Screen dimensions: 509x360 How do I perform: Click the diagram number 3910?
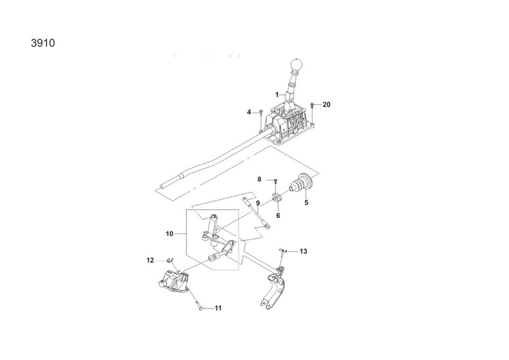43,43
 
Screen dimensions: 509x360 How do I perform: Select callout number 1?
277,95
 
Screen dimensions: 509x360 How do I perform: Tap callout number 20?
326,104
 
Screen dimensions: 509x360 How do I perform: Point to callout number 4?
249,113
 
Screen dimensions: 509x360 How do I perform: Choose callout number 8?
259,179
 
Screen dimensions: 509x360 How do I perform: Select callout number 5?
306,203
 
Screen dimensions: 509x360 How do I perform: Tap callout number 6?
278,216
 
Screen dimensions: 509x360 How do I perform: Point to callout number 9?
258,203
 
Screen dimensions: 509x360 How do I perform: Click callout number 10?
169,233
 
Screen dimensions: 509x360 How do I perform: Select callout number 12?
150,260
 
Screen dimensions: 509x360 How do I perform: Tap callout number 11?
218,308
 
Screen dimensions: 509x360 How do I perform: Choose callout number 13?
303,251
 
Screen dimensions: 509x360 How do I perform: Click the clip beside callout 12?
170,260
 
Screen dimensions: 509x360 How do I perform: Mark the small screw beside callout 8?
275,180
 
